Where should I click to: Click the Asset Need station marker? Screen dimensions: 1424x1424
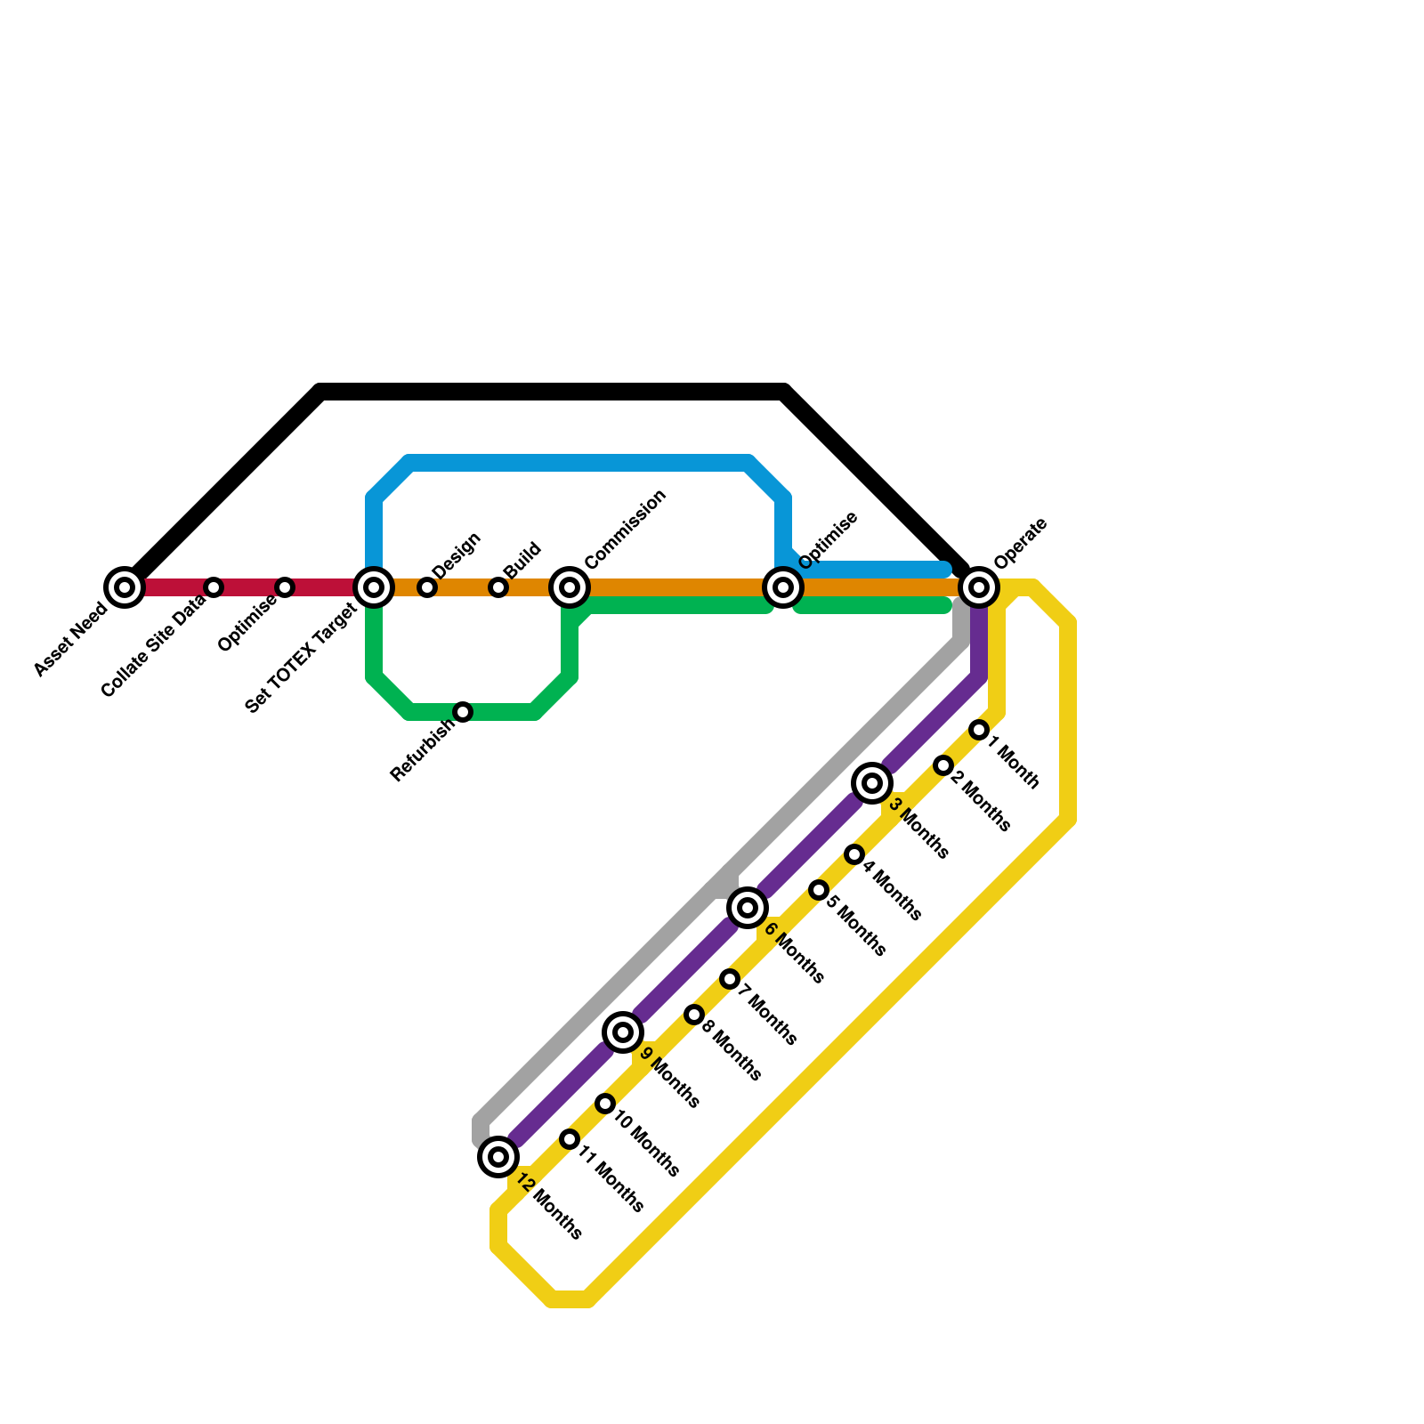click(125, 587)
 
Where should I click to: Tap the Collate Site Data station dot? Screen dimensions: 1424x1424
click(214, 587)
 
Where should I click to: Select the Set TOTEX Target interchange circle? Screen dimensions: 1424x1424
click(374, 587)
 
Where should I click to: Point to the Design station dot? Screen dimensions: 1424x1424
click(427, 587)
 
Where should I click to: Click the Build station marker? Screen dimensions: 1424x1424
click(498, 587)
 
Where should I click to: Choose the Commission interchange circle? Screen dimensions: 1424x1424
click(570, 587)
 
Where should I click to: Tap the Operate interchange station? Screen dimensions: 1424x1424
click(979, 587)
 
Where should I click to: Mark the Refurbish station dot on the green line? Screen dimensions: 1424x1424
click(463, 712)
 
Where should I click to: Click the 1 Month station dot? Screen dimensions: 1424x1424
click(979, 730)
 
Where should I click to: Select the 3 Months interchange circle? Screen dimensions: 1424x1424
click(872, 783)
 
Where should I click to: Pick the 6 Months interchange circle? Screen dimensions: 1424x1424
click(748, 908)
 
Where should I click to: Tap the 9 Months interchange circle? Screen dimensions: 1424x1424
click(623, 1032)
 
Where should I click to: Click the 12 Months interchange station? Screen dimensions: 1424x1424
click(498, 1157)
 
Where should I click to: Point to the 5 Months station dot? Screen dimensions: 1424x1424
click(819, 890)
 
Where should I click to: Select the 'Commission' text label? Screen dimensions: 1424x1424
click(626, 529)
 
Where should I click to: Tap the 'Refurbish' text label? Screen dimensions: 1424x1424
click(422, 750)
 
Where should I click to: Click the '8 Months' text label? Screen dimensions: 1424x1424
click(732, 1050)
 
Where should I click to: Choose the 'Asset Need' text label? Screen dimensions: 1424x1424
click(71, 639)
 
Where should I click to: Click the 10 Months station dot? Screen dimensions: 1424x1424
click(605, 1104)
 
